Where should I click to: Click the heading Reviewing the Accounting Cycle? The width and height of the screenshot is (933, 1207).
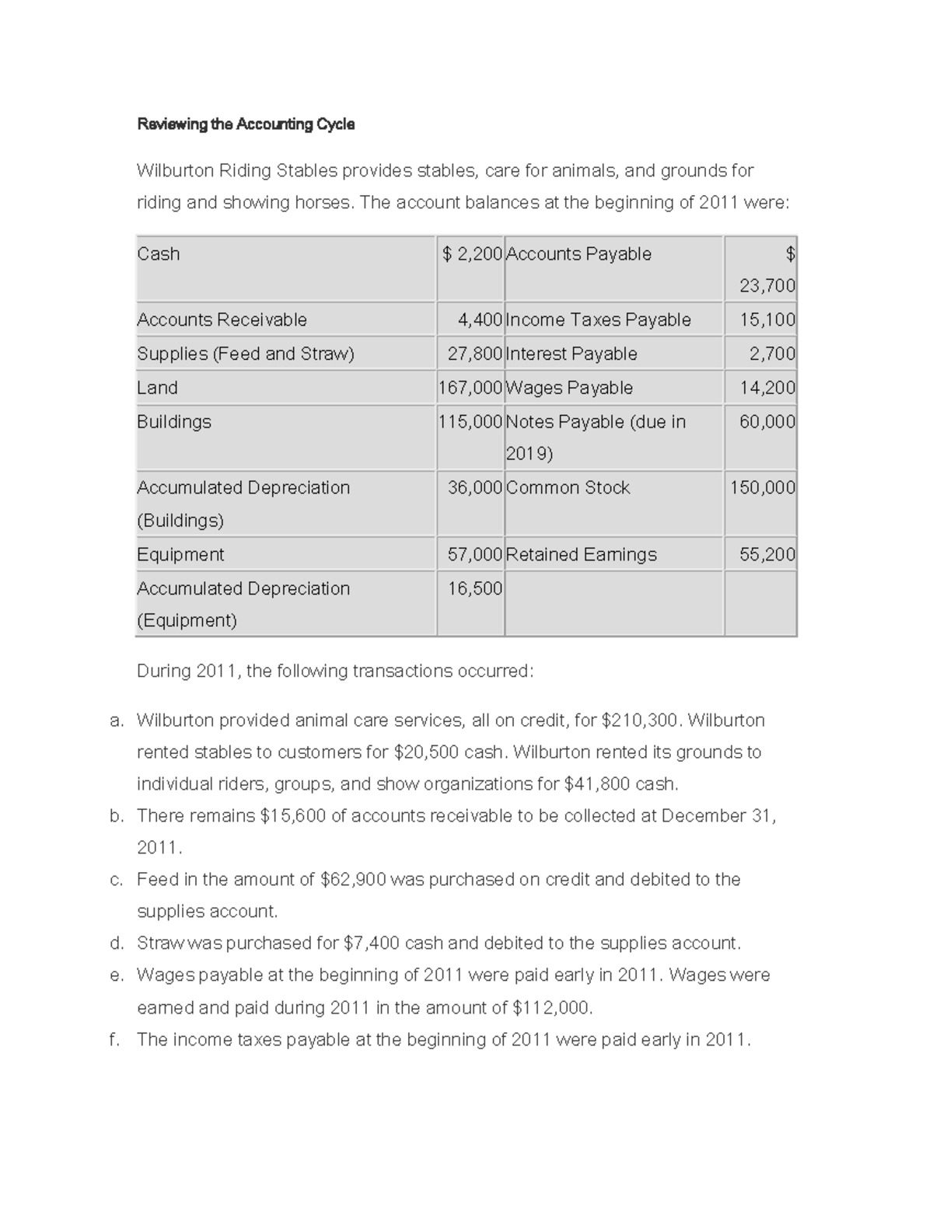246,124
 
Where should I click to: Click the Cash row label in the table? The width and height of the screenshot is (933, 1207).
159,254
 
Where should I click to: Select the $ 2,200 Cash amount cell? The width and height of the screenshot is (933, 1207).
472,254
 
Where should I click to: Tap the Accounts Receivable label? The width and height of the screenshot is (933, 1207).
222,319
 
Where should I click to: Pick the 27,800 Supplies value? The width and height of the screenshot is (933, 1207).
474,354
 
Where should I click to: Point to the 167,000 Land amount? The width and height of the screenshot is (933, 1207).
470,388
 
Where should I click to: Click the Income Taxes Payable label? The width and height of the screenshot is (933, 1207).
598,319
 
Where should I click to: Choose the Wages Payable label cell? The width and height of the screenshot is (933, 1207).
569,388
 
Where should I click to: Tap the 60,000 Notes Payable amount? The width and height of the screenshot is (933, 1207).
767,422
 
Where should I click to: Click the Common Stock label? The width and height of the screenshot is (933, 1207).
568,488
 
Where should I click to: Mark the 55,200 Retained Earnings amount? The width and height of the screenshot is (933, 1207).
767,554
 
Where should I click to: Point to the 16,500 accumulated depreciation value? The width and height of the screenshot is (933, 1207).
474,588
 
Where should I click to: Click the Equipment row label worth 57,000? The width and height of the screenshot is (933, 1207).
180,554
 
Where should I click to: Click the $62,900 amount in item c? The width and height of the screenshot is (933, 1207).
352,880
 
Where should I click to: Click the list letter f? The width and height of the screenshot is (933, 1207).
114,1040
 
